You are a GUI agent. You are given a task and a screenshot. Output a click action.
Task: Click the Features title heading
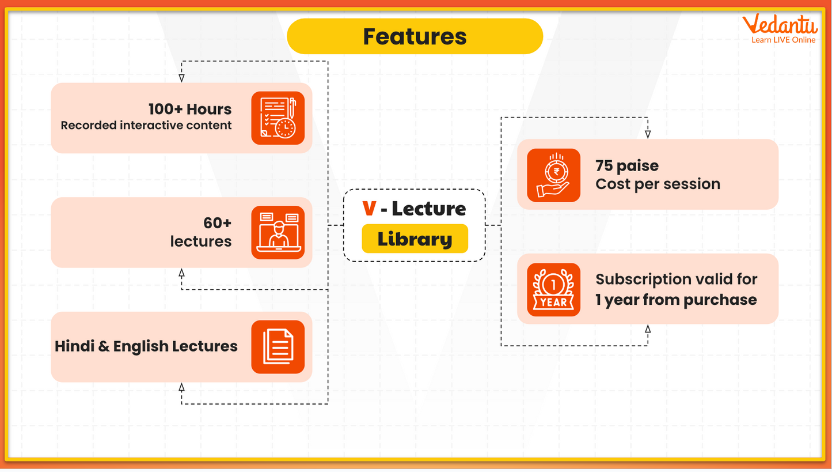tap(415, 36)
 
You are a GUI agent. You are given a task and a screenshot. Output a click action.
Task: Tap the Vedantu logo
tap(780, 29)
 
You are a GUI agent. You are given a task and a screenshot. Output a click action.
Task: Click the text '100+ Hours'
tap(190, 109)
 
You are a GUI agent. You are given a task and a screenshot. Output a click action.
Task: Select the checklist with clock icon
tap(278, 118)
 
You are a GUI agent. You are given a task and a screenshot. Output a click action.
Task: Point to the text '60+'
tap(217, 223)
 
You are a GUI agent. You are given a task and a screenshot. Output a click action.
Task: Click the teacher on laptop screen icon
tap(278, 233)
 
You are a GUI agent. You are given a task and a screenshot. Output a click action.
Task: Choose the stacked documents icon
tap(278, 347)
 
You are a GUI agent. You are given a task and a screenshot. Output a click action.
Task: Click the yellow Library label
tap(415, 239)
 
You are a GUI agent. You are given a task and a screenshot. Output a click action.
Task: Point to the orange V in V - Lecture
tap(369, 208)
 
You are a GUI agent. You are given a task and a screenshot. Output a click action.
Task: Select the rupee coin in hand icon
tap(553, 175)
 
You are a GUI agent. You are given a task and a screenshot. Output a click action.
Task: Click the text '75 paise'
tap(627, 166)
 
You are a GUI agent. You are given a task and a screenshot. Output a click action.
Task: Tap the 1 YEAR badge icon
tap(553, 290)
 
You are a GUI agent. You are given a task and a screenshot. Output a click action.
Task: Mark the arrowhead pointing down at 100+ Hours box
tap(181, 78)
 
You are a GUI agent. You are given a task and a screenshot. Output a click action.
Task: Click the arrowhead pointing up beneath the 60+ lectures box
tap(181, 273)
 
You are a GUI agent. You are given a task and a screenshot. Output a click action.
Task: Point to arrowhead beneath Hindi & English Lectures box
tap(181, 388)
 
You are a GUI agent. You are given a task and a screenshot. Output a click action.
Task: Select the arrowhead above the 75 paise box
tap(648, 134)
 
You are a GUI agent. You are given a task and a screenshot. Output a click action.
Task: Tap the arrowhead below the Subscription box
tap(648, 329)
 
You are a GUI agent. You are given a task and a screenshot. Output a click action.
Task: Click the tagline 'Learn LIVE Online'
tap(783, 40)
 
